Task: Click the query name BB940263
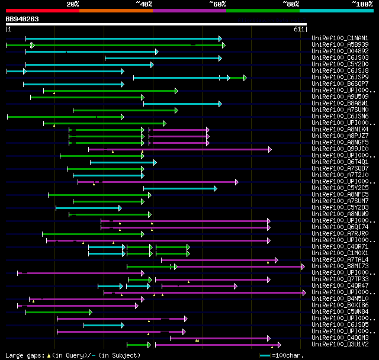23,19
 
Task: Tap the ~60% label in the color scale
217,4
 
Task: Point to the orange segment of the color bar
115,10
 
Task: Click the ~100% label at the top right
362,4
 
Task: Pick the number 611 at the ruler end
299,28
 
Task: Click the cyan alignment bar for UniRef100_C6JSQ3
163,58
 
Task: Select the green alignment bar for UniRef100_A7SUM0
125,110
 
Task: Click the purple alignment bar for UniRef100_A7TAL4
219,260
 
